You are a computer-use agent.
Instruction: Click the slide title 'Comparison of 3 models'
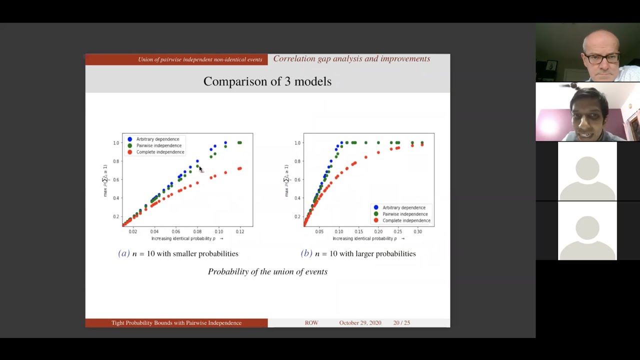pos(267,81)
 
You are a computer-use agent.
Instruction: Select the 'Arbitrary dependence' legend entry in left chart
pos(157,139)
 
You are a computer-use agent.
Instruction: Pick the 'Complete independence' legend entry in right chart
pos(406,220)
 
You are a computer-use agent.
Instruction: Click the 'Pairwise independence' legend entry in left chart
pos(158,145)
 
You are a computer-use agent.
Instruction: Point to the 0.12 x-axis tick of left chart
pos(240,231)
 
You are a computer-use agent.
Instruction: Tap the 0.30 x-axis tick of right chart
pos(417,231)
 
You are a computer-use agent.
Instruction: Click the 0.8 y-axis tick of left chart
pos(116,161)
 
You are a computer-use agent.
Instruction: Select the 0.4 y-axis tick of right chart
pos(297,198)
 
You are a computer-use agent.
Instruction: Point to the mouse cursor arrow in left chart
pos(200,169)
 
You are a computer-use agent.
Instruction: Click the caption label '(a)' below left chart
pos(123,253)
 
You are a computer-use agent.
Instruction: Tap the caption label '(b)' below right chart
pos(306,253)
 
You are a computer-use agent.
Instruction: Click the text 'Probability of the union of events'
pos(267,271)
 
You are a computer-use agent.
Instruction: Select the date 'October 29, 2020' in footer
pos(360,323)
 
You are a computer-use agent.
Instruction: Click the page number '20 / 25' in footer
pos(401,323)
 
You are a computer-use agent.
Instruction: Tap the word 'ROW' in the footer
pos(311,323)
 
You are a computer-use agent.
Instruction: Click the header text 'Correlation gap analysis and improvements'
pos(351,59)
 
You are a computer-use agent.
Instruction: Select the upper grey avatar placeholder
pos(587,171)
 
